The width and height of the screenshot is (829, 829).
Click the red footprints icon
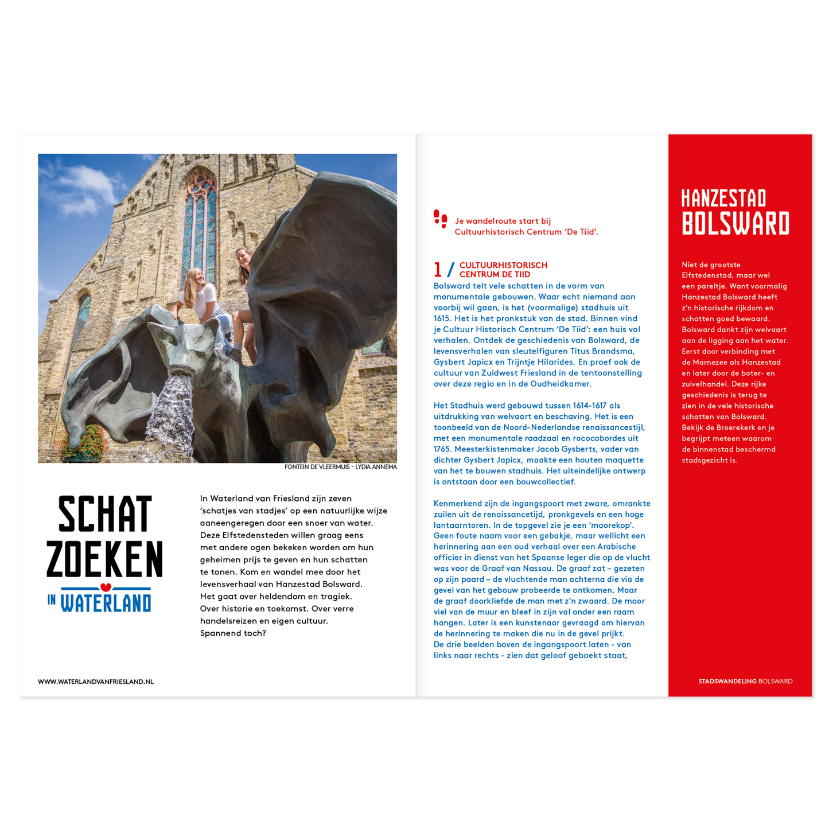click(441, 219)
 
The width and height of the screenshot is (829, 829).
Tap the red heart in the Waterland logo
click(106, 587)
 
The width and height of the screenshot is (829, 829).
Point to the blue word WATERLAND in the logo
click(106, 603)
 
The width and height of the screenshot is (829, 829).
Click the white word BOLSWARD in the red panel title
click(735, 223)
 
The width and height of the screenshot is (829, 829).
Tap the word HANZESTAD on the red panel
click(723, 199)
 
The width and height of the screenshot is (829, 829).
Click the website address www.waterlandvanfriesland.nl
click(96, 682)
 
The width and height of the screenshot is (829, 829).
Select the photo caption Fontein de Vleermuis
click(340, 467)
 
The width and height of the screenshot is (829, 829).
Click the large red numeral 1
click(438, 270)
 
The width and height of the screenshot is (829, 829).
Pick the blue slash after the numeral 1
click(451, 270)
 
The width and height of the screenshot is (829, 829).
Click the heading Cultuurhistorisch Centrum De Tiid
click(503, 270)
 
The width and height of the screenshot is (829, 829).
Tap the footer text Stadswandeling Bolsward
click(745, 682)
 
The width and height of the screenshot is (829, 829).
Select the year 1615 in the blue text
click(442, 318)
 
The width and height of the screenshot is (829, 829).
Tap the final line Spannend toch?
click(233, 633)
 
